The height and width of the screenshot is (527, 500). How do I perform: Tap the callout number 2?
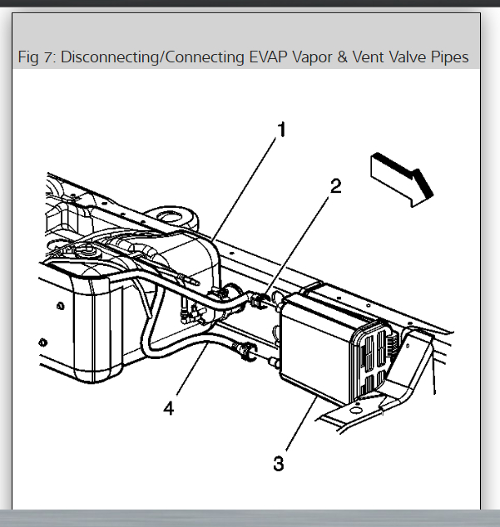[335, 186]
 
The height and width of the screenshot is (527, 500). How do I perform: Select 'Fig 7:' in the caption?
[37, 57]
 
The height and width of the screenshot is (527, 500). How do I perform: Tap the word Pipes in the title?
[448, 57]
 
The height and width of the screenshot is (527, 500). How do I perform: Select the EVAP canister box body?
[316, 349]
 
